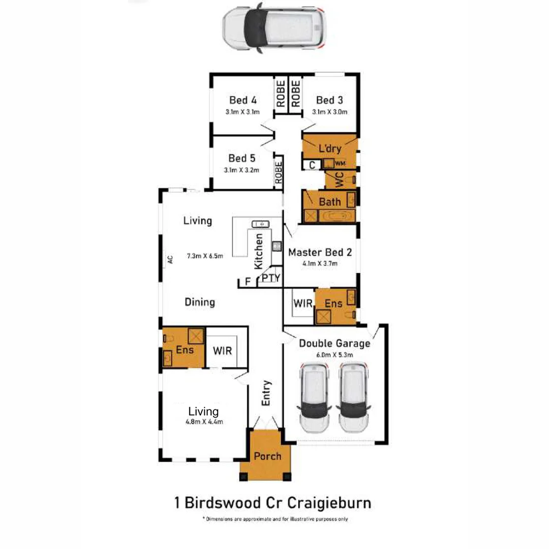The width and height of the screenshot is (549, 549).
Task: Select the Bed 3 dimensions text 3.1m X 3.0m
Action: pos(330,112)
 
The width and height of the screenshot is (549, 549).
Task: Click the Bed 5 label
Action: pos(241,158)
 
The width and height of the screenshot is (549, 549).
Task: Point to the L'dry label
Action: pos(329,149)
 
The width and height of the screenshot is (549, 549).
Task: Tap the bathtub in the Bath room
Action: pos(337,216)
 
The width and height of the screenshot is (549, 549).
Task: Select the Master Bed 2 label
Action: pos(320,252)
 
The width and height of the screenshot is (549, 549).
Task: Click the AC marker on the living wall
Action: pos(170,259)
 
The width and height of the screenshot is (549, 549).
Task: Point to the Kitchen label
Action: pos(259,251)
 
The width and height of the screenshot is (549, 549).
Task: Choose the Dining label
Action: pos(199,302)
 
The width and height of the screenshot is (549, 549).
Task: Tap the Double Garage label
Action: pos(334,344)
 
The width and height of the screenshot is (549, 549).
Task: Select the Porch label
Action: pos(267,456)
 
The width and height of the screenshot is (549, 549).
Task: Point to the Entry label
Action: pos(266,393)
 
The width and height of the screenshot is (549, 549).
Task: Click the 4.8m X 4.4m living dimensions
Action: pos(203,421)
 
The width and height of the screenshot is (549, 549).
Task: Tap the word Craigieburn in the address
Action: pos(329,503)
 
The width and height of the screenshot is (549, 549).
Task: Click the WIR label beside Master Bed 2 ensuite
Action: pos(303,303)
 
